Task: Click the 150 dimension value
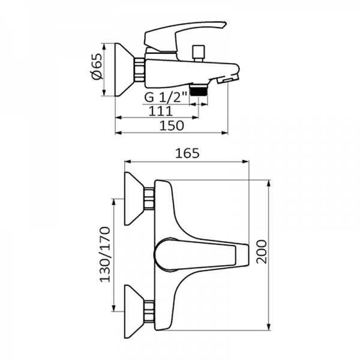(x=172, y=126)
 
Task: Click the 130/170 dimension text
(x=106, y=255)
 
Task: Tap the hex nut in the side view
(x=140, y=69)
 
